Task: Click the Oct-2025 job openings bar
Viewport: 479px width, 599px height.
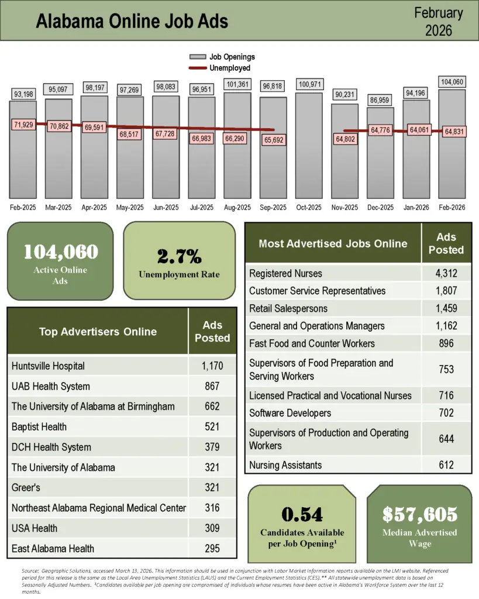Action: [x=309, y=146]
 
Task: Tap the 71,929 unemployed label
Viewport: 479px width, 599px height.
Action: [x=23, y=125]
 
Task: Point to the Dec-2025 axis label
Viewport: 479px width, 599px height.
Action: [x=381, y=208]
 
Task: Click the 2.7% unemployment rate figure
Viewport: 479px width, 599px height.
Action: [x=179, y=256]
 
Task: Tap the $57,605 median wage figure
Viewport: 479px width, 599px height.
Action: [x=419, y=515]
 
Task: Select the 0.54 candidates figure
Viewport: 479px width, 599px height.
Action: [x=302, y=515]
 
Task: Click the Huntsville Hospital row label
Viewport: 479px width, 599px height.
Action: [x=48, y=366]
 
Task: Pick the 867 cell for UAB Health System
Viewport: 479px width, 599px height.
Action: [x=212, y=386]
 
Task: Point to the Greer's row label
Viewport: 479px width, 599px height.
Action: [x=26, y=487]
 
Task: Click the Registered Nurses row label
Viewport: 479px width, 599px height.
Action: [x=285, y=273]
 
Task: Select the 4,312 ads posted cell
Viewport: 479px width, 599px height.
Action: [x=446, y=273]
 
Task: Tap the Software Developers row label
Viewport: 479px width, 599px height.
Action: [x=290, y=413]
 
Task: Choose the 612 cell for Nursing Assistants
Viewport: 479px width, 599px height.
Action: [x=446, y=465]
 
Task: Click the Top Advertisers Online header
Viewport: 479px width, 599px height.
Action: [x=98, y=332]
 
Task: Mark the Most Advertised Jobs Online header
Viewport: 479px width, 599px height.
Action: [x=333, y=243]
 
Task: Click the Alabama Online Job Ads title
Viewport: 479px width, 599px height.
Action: [x=132, y=21]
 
